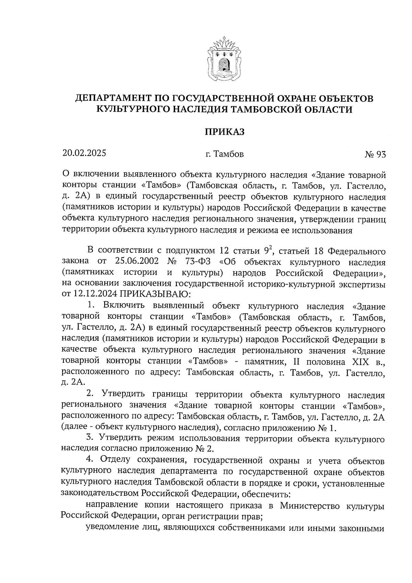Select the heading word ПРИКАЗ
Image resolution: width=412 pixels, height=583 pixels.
point(224,132)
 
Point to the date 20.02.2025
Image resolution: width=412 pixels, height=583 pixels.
point(84,153)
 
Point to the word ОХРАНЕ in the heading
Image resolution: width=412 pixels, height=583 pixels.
point(295,98)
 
